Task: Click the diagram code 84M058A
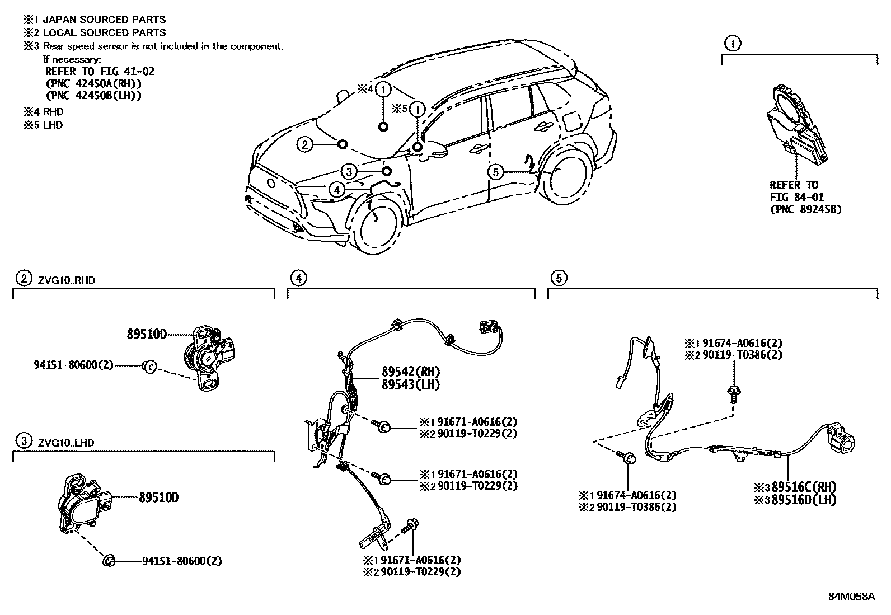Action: (x=851, y=597)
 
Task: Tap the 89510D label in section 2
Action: (x=147, y=334)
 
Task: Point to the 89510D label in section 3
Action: (x=158, y=497)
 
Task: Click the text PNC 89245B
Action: (x=806, y=209)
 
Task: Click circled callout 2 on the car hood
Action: (x=304, y=145)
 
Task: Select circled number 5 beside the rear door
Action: (x=496, y=172)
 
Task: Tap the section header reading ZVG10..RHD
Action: (x=67, y=280)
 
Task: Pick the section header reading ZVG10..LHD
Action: (x=66, y=443)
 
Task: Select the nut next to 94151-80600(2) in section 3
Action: (x=110, y=560)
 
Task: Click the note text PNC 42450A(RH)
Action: (x=93, y=83)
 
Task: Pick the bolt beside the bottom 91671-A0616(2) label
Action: (x=411, y=526)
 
